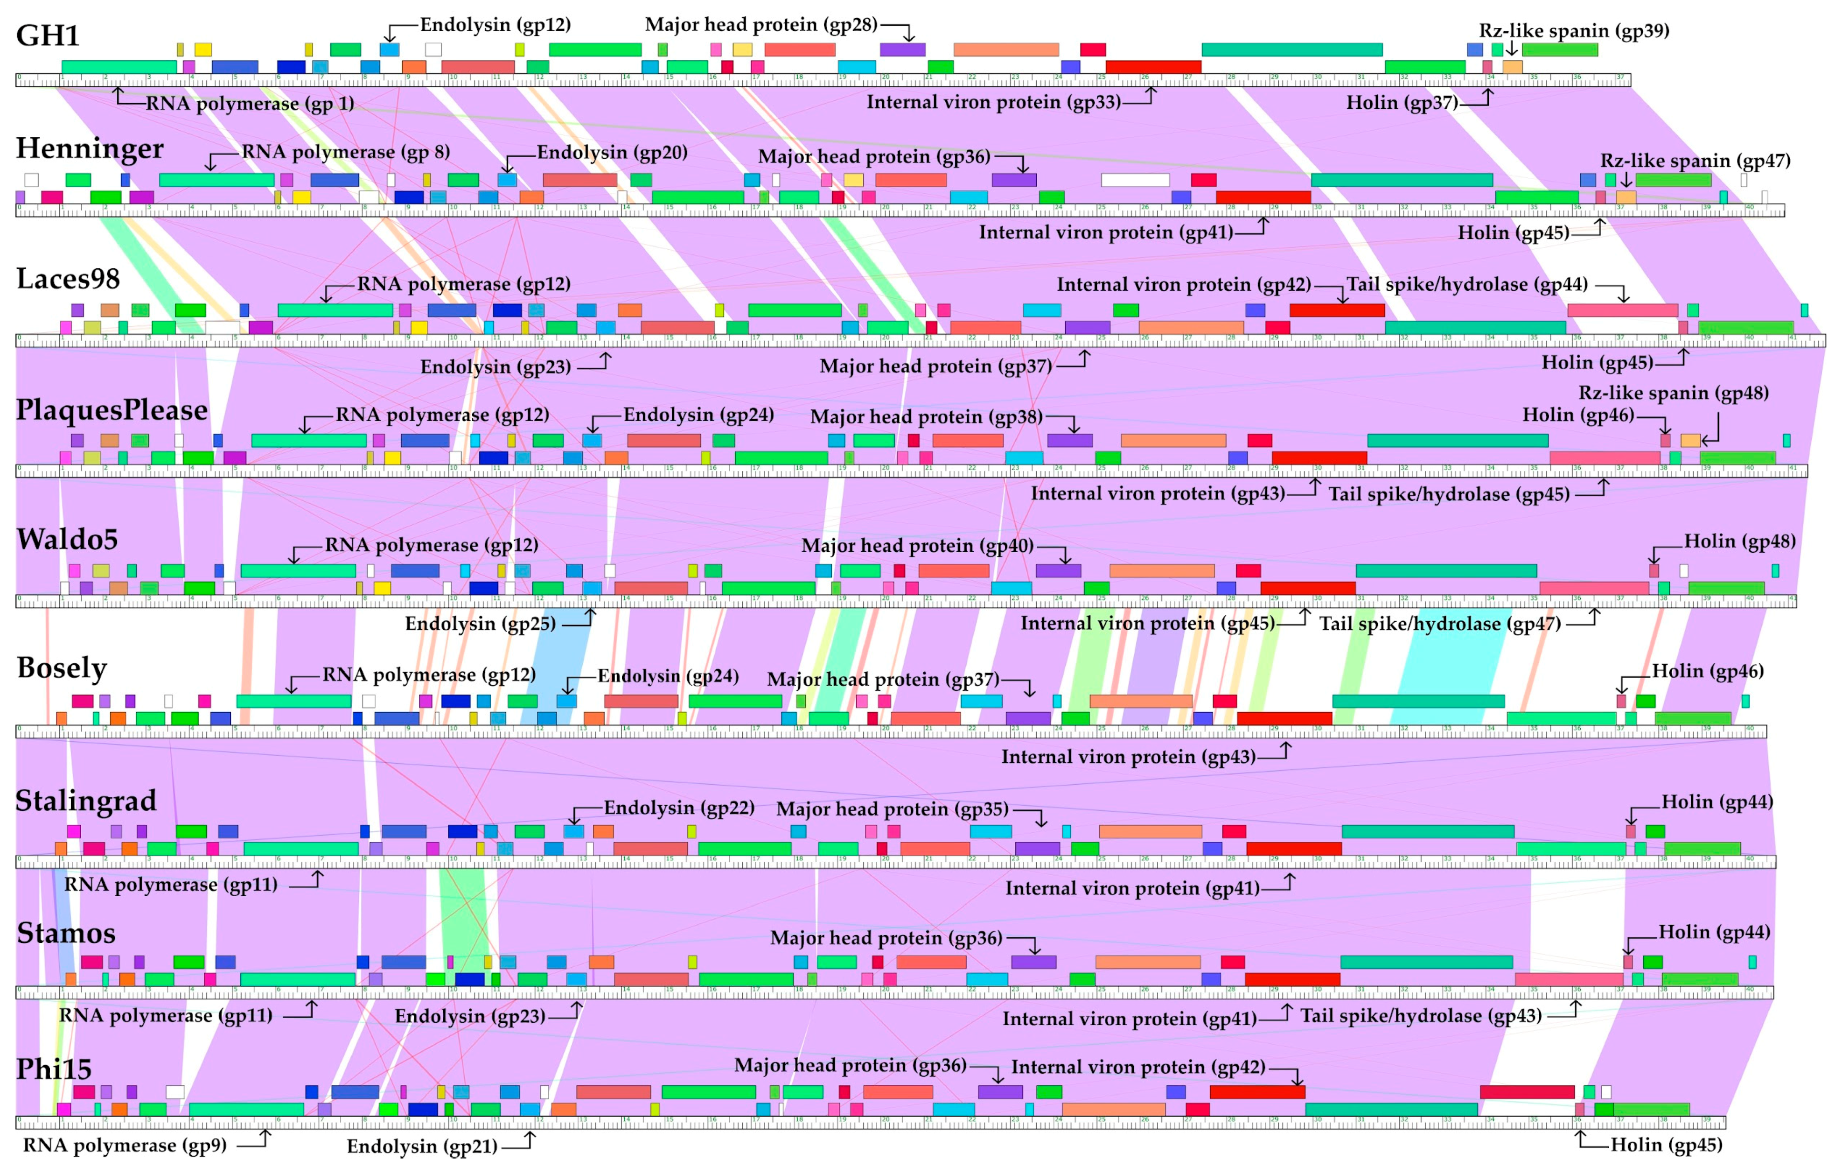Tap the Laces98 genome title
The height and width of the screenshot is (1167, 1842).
coord(68,279)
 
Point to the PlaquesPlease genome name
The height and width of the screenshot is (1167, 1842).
coord(112,410)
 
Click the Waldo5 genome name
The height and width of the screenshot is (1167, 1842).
coord(67,540)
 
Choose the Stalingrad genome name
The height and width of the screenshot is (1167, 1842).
coord(86,801)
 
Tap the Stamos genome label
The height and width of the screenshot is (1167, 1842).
coord(66,933)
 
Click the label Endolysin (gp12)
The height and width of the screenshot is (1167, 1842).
coord(495,24)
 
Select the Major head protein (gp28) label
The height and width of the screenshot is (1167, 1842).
coord(761,24)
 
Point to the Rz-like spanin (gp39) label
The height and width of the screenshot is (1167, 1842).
coord(1574,31)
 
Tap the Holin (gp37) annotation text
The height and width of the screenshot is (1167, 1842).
coord(1402,103)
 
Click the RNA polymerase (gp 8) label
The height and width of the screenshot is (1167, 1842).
coord(346,152)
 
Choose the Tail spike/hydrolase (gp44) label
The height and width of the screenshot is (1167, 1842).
coord(1466,285)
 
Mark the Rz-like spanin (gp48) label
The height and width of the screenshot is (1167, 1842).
coord(1673,394)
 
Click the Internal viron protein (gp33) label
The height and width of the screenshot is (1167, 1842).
coord(993,103)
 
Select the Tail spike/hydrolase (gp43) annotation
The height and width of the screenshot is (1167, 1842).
coord(1421,1016)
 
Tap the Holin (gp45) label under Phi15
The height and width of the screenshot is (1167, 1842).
coord(1666,1145)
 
